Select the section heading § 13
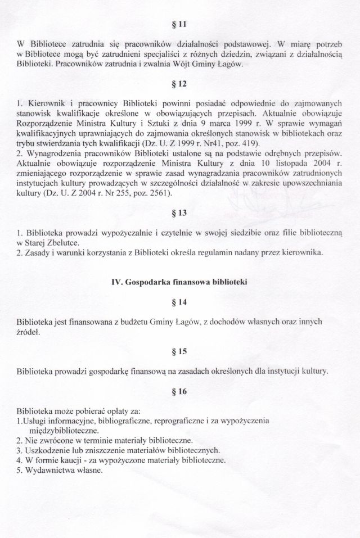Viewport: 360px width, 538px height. click(x=181, y=214)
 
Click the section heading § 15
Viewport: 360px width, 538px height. click(x=181, y=351)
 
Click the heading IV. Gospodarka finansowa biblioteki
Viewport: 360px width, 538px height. click(x=181, y=282)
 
